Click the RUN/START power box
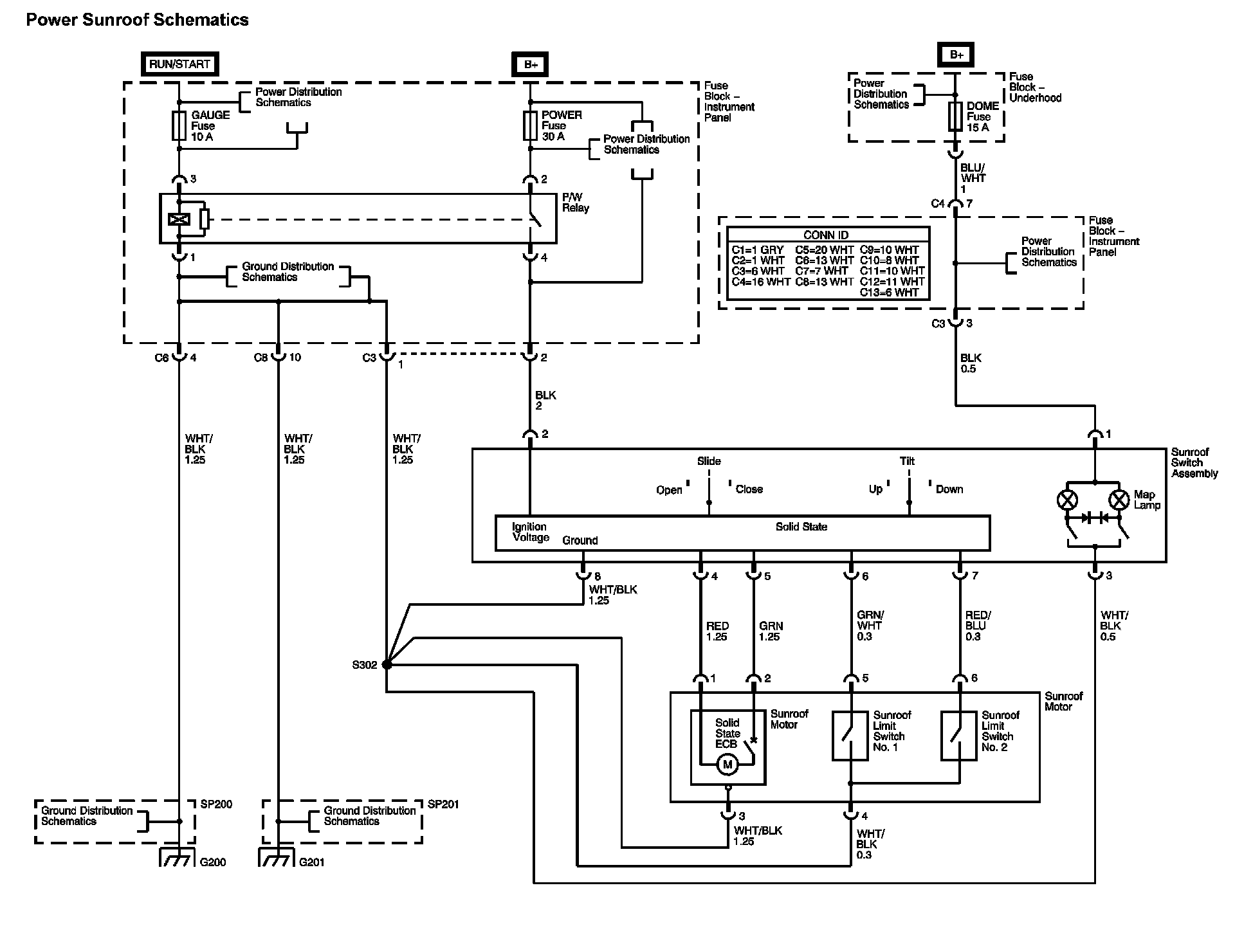179,64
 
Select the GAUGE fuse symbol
179,126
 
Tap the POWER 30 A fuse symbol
530,126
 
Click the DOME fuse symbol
955,117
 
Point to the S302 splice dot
387,664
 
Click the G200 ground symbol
176,858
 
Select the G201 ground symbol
276,858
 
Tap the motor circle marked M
727,765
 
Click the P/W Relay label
575,203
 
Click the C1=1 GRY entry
757,250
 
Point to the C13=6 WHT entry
889,293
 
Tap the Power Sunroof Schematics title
137,20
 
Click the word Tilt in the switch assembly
907,461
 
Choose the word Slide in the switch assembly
709,461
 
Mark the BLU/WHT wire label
973,174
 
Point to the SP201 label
443,804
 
